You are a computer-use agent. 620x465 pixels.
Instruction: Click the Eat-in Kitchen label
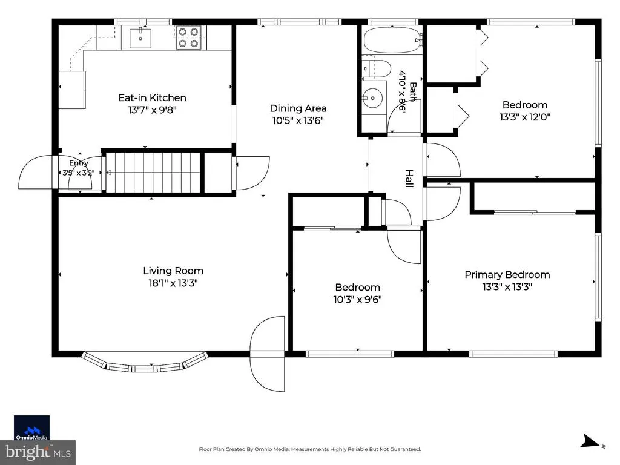coord(152,97)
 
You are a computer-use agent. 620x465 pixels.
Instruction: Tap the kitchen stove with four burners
coord(188,38)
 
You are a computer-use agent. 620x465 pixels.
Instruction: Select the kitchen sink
coord(140,38)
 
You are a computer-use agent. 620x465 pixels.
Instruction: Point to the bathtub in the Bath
coord(392,40)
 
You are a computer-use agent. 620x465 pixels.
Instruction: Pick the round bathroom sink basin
coord(372,98)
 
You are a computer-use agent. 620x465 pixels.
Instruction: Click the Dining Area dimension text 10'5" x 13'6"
coord(298,120)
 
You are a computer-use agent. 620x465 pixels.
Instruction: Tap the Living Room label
coord(173,271)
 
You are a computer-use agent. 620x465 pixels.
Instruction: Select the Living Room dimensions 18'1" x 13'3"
coord(173,283)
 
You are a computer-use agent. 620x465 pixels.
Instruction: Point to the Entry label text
coord(79,163)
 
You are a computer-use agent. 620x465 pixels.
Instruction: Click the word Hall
coord(409,179)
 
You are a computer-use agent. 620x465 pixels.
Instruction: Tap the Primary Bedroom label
coord(507,274)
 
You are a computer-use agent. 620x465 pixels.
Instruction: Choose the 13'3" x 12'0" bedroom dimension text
coord(525,117)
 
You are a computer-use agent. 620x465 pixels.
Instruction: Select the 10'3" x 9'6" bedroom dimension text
coord(357,299)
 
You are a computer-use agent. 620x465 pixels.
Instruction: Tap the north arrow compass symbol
coord(592,441)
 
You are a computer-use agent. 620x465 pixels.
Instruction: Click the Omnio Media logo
coord(31,428)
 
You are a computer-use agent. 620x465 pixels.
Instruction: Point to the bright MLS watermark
coord(38,452)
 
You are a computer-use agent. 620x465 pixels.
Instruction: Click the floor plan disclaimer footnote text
coord(309,449)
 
